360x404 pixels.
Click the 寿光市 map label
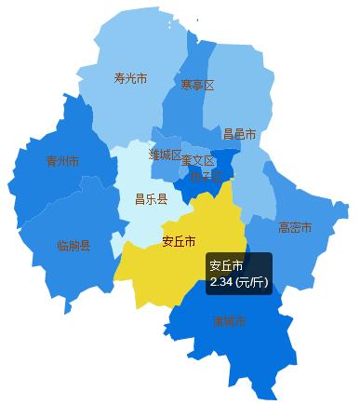(x=129, y=78)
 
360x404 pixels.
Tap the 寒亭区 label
(x=197, y=86)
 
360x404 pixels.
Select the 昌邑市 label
(x=240, y=135)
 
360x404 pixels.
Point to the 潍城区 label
(x=165, y=155)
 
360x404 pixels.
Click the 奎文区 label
(x=198, y=160)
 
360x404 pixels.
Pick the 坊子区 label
(x=207, y=174)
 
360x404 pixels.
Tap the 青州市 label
(x=62, y=162)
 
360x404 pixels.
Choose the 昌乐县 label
(x=151, y=198)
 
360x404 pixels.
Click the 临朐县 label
(x=73, y=246)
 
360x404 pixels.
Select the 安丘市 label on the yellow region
(x=179, y=241)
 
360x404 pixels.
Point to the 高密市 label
(x=294, y=227)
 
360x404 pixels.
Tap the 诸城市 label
(x=229, y=322)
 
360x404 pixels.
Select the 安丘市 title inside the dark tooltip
(x=226, y=264)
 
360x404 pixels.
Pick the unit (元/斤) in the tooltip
(x=251, y=281)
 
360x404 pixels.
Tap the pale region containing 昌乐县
(x=140, y=219)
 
